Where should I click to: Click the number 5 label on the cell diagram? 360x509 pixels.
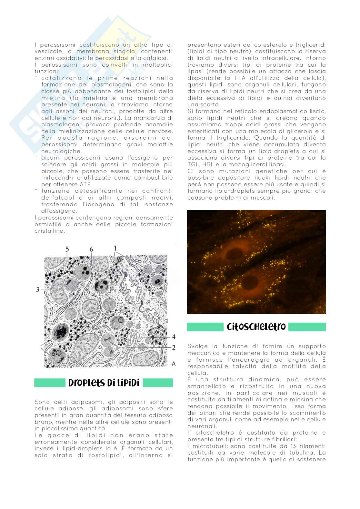click(x=67, y=249)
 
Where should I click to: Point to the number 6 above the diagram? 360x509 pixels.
click(x=91, y=249)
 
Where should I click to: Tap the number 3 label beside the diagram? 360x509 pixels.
click(x=38, y=289)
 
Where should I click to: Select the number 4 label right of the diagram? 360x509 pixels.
click(x=173, y=337)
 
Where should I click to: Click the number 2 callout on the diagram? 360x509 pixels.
click(x=173, y=347)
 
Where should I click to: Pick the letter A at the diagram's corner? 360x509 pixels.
click(x=174, y=364)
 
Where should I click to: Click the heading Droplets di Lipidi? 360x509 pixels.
click(x=104, y=383)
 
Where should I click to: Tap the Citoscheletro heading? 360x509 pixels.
click(x=256, y=327)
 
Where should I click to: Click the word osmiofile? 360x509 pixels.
click(x=46, y=224)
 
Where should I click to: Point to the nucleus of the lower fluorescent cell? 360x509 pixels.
click(x=250, y=284)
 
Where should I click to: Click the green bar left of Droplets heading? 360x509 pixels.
click(x=50, y=383)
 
